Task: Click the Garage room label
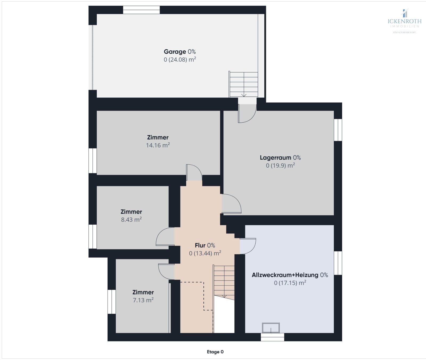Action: (x=179, y=52)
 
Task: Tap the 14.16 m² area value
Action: (x=158, y=145)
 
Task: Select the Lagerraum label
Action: (x=280, y=158)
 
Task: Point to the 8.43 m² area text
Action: (x=131, y=220)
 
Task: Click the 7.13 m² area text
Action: (x=143, y=300)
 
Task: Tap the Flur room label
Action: (x=205, y=245)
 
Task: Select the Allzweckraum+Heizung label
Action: (x=290, y=275)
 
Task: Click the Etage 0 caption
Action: (x=215, y=352)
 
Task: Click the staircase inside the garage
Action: (x=244, y=84)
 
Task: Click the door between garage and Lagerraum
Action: (x=247, y=113)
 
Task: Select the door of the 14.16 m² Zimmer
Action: (x=194, y=173)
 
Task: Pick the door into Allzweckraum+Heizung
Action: (x=248, y=246)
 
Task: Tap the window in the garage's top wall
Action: (x=141, y=10)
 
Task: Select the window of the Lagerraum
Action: (x=338, y=130)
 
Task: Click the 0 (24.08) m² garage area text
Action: (x=180, y=59)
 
